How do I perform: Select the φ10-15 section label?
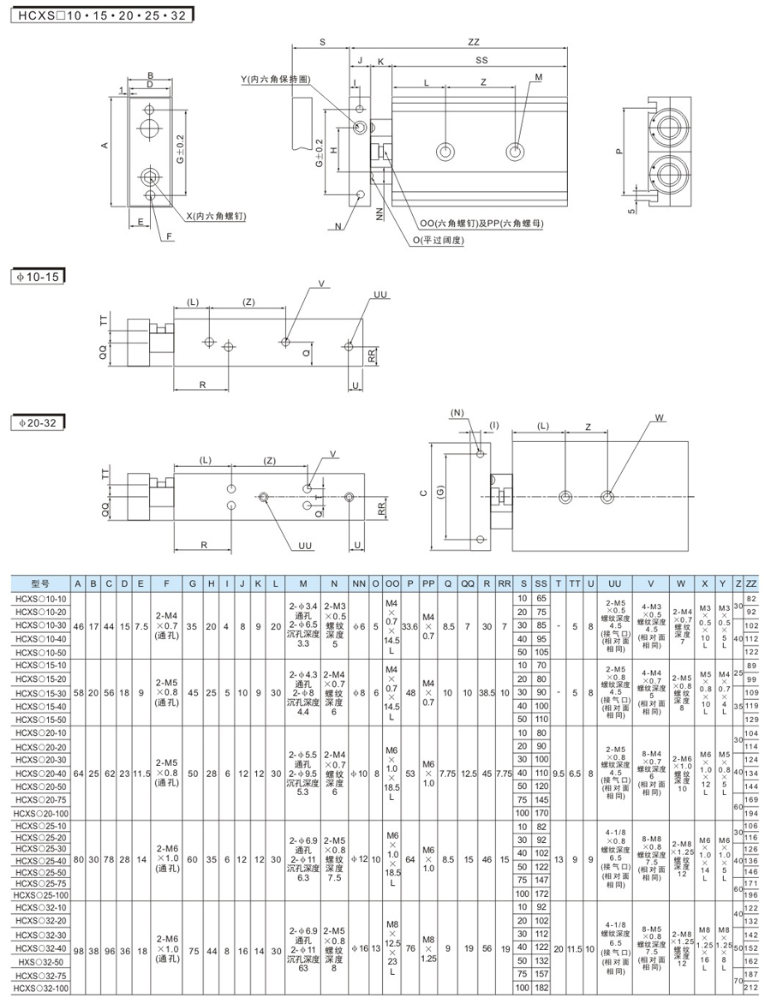coord(38,277)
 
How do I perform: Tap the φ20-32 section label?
coord(38,421)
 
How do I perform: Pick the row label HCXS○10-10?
coord(40,597)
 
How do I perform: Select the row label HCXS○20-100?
coord(40,811)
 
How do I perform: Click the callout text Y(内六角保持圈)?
coord(275,79)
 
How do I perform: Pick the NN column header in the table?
coord(359,583)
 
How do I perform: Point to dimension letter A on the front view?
coord(104,146)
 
